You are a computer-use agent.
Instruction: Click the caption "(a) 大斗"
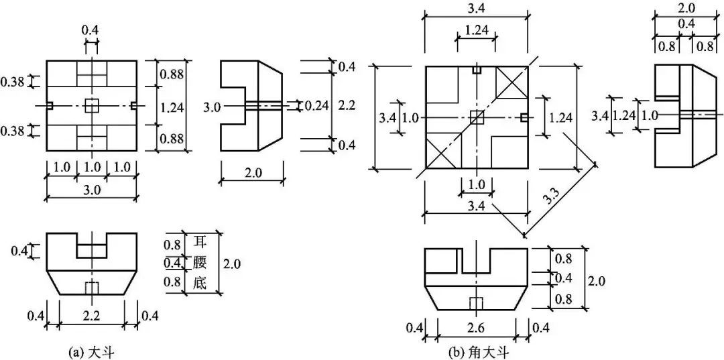tap(90, 353)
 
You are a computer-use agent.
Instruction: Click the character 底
tap(200, 283)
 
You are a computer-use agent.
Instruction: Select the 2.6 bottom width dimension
tap(477, 327)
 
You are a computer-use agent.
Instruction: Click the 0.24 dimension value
tap(316, 106)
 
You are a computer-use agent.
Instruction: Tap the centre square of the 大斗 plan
tap(92, 106)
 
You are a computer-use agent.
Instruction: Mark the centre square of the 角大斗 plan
tap(477, 117)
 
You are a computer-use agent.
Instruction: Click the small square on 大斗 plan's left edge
tap(50, 106)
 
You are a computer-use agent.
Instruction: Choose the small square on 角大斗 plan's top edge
tap(477, 70)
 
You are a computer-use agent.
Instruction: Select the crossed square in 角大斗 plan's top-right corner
tap(512, 82)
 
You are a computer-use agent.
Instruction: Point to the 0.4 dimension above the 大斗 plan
tap(90, 31)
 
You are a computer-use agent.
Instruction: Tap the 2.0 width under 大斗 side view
tap(251, 173)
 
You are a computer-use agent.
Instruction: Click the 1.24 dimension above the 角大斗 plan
tap(475, 31)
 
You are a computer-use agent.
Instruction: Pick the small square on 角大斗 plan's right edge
tap(524, 117)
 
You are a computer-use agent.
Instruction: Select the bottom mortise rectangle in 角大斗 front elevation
tap(476, 304)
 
